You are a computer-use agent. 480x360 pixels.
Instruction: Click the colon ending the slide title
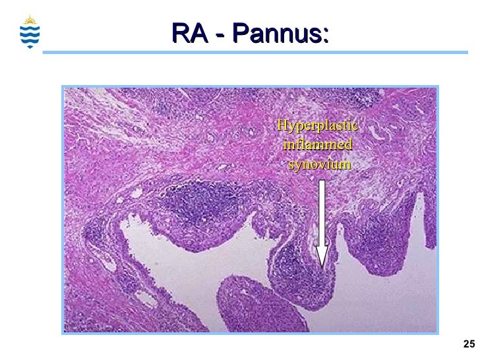pyautogui.click(x=326, y=33)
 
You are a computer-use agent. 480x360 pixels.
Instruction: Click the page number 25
pyautogui.click(x=469, y=344)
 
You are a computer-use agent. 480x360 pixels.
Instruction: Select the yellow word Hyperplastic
pyautogui.click(x=317, y=125)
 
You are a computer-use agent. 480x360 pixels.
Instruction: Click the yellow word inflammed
pyautogui.click(x=317, y=144)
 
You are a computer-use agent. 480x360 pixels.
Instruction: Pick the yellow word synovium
pyautogui.click(x=320, y=163)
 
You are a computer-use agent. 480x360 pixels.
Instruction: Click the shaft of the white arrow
pyautogui.click(x=322, y=211)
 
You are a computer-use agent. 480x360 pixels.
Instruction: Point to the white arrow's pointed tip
pyautogui.click(x=322, y=265)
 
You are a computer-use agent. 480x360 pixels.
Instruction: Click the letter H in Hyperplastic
pyautogui.click(x=282, y=125)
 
